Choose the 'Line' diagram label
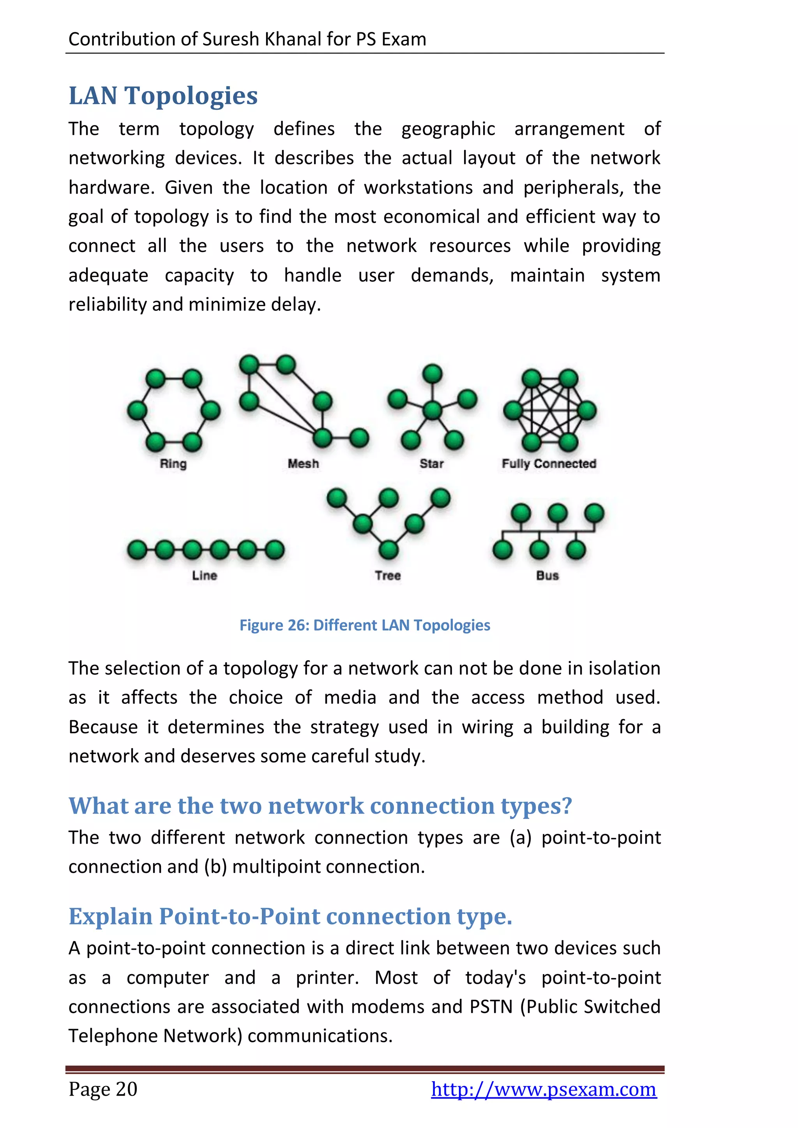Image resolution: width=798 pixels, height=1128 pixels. tap(205, 575)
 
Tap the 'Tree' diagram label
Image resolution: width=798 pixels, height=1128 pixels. tap(388, 575)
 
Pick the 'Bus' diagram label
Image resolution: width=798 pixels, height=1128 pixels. tap(547, 575)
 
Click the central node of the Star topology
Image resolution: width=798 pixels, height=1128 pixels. tap(433, 410)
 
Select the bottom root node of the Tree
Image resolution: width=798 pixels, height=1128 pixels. tap(389, 549)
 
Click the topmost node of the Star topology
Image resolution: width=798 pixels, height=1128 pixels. tap(433, 374)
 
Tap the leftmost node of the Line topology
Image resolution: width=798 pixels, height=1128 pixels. tap(137, 550)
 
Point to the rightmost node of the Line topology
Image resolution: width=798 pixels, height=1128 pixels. tap(275, 550)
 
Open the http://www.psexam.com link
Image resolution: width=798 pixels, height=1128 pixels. tap(544, 1089)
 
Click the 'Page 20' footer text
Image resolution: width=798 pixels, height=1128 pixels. tap(103, 1089)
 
